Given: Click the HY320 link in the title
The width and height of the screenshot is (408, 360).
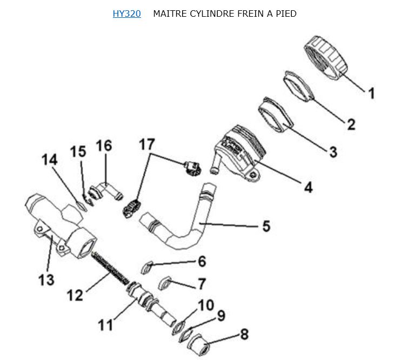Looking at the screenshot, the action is pyautogui.click(x=126, y=14).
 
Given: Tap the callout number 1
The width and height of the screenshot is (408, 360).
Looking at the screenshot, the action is pyautogui.click(x=372, y=93).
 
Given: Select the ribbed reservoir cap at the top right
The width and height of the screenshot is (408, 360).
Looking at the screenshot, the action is pyautogui.click(x=325, y=58).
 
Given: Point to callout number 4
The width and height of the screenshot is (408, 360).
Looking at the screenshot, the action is pyautogui.click(x=309, y=187).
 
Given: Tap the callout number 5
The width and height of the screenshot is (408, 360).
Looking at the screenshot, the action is pyautogui.click(x=266, y=226).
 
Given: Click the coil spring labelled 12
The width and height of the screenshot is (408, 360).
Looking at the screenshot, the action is pyautogui.click(x=110, y=268).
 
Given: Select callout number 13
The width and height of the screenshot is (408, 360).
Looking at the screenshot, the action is pyautogui.click(x=46, y=280).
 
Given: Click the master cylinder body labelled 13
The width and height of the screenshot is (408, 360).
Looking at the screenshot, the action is pyautogui.click(x=61, y=226).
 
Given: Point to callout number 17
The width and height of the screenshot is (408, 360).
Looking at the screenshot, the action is pyautogui.click(x=147, y=144).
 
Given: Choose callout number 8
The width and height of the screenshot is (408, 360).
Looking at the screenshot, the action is pyautogui.click(x=244, y=334).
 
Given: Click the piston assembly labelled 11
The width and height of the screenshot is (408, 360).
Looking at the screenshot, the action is pyautogui.click(x=151, y=303).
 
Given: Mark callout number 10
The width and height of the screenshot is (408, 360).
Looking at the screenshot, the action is pyautogui.click(x=206, y=305).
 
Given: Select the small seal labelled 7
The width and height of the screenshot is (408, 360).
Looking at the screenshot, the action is pyautogui.click(x=165, y=283).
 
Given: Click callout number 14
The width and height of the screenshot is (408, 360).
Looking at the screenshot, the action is pyautogui.click(x=49, y=159).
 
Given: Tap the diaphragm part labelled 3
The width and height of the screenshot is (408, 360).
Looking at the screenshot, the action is pyautogui.click(x=276, y=115).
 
